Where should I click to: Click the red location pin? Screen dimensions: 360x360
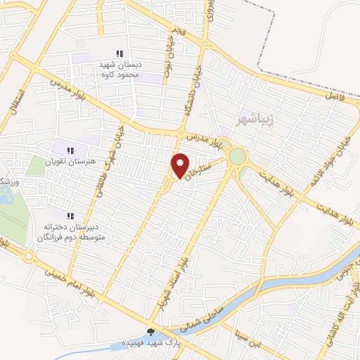coord(181,165)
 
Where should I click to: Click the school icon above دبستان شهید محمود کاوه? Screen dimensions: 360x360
coord(120,53)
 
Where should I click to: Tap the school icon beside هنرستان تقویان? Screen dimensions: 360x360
coord(70,149)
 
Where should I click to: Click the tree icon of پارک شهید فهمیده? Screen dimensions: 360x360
coord(150,331)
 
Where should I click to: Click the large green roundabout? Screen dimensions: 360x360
coord(238,156)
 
